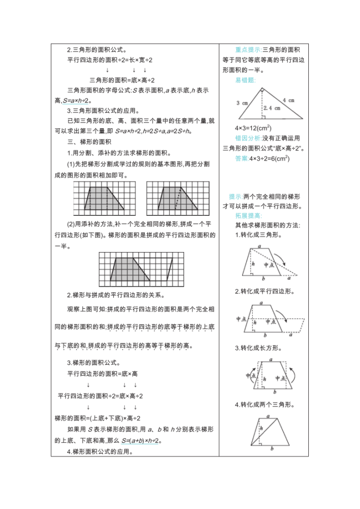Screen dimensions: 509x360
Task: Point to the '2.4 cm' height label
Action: [270, 108]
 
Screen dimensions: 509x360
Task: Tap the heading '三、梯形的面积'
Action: [86, 142]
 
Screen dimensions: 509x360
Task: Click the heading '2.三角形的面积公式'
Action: [97, 49]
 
